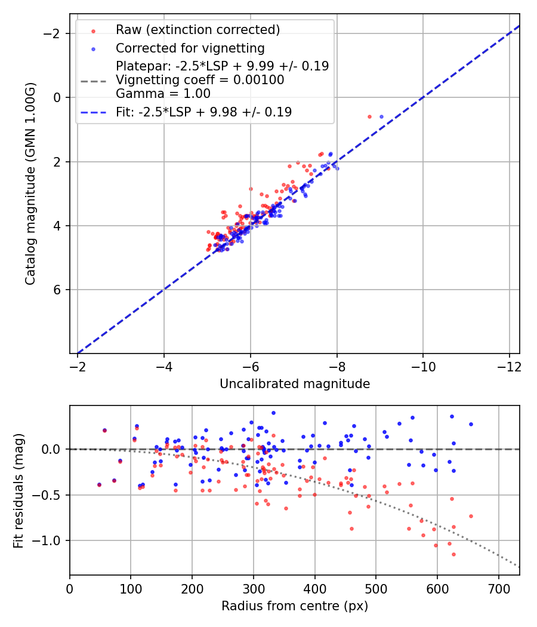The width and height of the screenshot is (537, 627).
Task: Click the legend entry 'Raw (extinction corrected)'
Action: click(x=197, y=30)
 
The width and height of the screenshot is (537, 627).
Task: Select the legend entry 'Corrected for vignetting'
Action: click(x=190, y=48)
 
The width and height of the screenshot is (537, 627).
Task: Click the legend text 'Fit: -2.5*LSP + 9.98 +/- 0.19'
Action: click(x=203, y=112)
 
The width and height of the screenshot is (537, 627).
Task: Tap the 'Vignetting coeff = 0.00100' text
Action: click(x=200, y=80)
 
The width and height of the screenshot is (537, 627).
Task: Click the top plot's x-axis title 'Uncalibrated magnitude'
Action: click(x=294, y=384)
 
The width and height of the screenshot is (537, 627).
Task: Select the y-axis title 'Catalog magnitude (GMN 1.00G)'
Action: click(x=30, y=183)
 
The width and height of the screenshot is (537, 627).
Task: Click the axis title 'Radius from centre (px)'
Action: click(x=294, y=606)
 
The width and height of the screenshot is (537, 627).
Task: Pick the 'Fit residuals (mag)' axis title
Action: click(x=18, y=490)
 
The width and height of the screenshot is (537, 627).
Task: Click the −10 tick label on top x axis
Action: click(x=423, y=365)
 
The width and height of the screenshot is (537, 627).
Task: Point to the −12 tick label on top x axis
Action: click(x=509, y=365)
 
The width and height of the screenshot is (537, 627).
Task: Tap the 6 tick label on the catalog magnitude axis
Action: click(x=58, y=290)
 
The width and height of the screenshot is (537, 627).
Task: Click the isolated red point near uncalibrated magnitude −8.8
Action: click(x=369, y=116)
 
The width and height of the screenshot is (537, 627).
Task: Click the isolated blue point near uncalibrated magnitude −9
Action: click(x=381, y=116)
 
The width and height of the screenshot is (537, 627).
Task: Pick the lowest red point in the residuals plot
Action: click(x=453, y=554)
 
